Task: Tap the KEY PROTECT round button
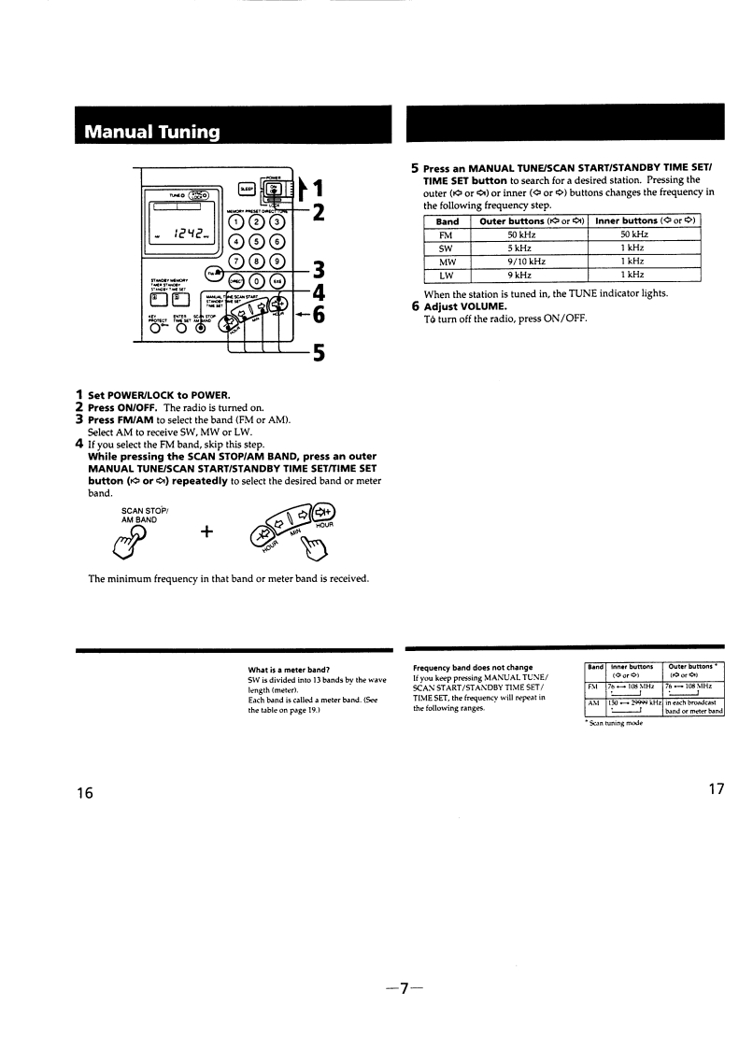point(152,327)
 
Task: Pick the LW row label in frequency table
point(446,275)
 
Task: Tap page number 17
point(716,789)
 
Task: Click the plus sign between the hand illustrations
point(206,531)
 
